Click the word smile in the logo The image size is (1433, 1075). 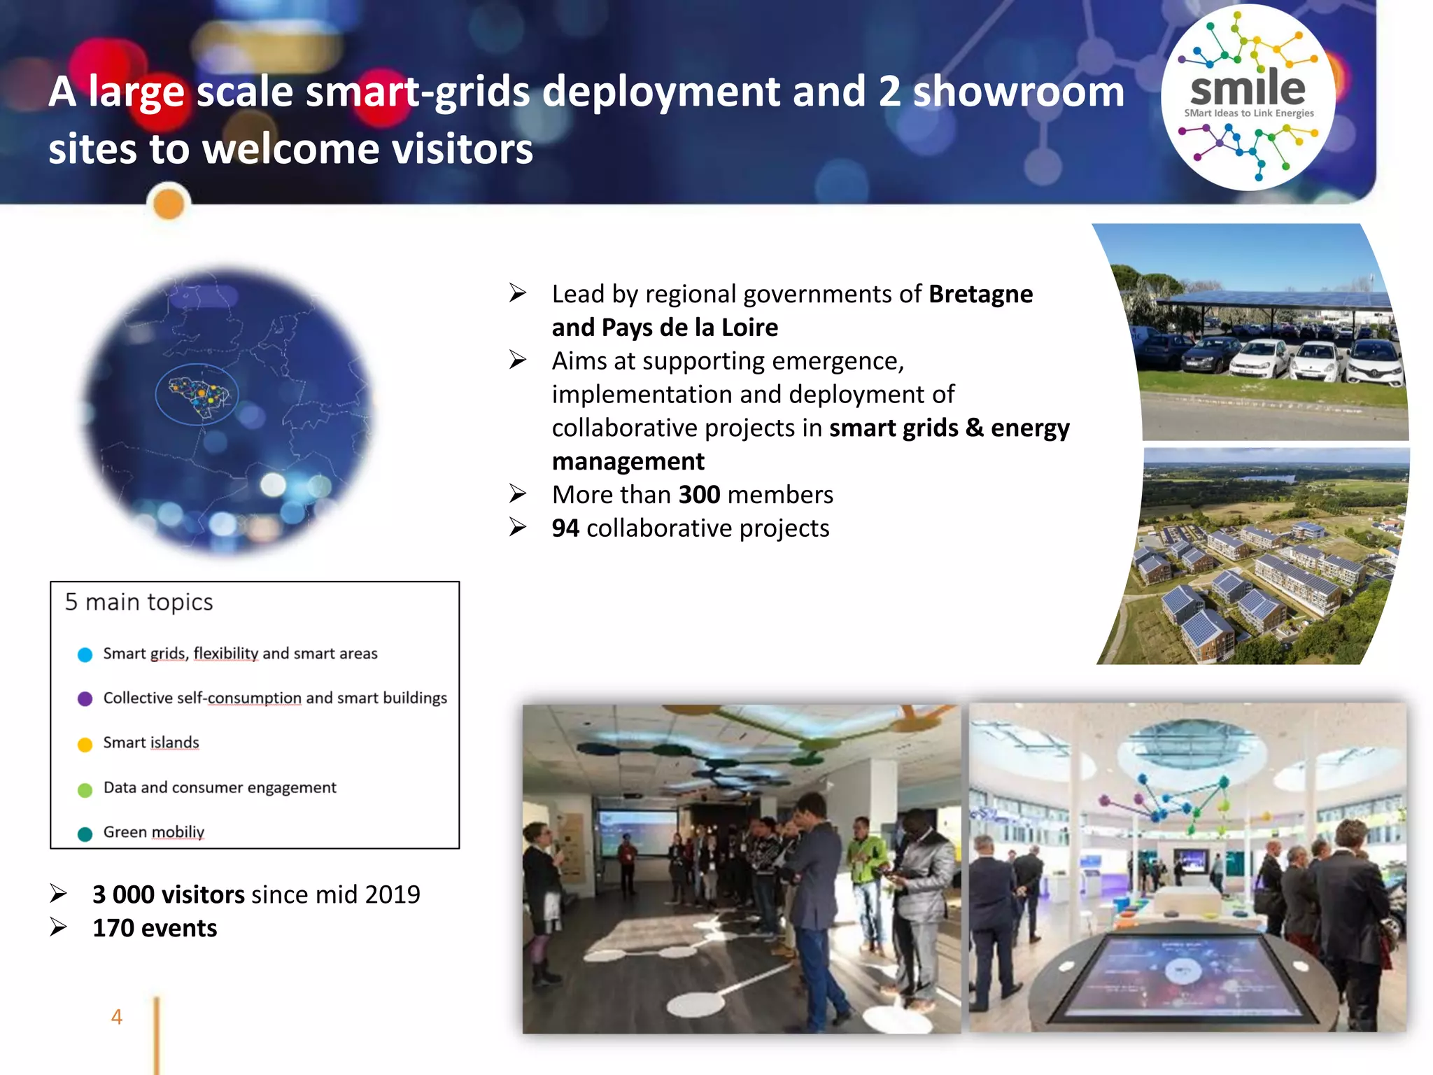(1248, 89)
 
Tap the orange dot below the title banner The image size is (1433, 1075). (169, 204)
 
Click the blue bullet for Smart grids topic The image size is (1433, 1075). (85, 654)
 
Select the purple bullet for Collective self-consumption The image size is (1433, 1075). (85, 698)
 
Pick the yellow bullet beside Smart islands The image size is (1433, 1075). (85, 744)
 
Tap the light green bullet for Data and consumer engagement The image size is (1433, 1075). (85, 789)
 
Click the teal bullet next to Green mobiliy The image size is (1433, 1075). (85, 834)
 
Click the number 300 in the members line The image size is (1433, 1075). (699, 495)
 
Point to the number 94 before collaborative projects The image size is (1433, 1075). (565, 528)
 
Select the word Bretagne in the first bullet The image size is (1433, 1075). (980, 294)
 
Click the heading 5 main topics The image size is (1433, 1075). (139, 602)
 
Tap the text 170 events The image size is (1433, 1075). (155, 928)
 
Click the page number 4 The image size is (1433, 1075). (117, 1017)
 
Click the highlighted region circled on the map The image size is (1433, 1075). (197, 394)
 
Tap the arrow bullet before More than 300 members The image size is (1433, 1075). (518, 494)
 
